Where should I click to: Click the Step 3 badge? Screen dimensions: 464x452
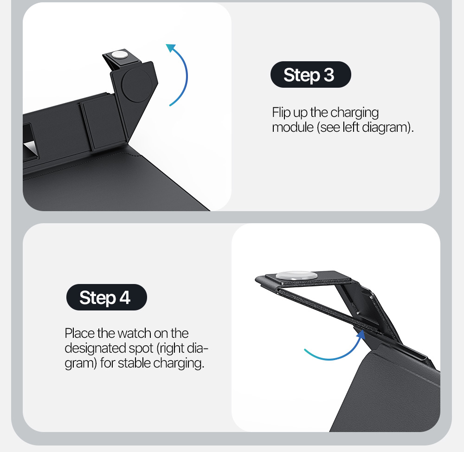point(311,75)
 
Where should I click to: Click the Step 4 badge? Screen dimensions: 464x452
point(107,297)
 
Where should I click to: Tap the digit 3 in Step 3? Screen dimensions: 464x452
point(329,75)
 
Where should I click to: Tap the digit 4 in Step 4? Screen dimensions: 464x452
point(125,297)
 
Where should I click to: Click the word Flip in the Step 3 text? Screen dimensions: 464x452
point(281,112)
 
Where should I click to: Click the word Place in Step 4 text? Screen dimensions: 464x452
point(80,333)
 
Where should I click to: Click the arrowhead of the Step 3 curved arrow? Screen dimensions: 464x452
point(171,48)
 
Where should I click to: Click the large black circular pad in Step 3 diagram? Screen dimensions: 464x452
point(137,85)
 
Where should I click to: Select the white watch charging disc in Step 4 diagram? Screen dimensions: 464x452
point(296,276)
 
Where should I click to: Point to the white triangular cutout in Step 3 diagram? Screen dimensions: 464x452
point(31,147)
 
